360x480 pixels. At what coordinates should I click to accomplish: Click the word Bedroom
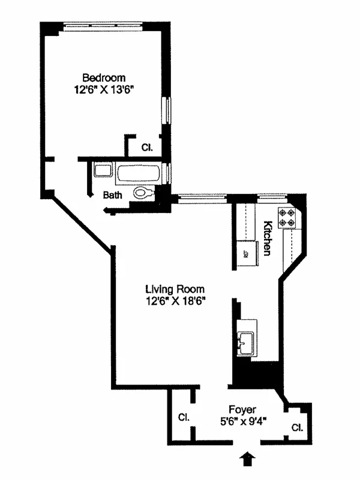[x=104, y=77]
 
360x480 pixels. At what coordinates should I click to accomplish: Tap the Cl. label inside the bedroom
[x=147, y=146]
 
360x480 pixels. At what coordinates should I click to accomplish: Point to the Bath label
[x=113, y=195]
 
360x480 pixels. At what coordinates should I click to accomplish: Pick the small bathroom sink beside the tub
[x=102, y=170]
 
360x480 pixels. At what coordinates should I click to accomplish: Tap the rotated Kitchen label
[x=268, y=238]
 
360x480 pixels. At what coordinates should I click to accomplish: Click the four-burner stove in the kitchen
[x=286, y=218]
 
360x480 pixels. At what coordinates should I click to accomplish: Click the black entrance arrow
[x=246, y=460]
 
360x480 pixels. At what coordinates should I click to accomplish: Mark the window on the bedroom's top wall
[x=104, y=26]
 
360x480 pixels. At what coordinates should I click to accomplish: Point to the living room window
[x=204, y=197]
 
